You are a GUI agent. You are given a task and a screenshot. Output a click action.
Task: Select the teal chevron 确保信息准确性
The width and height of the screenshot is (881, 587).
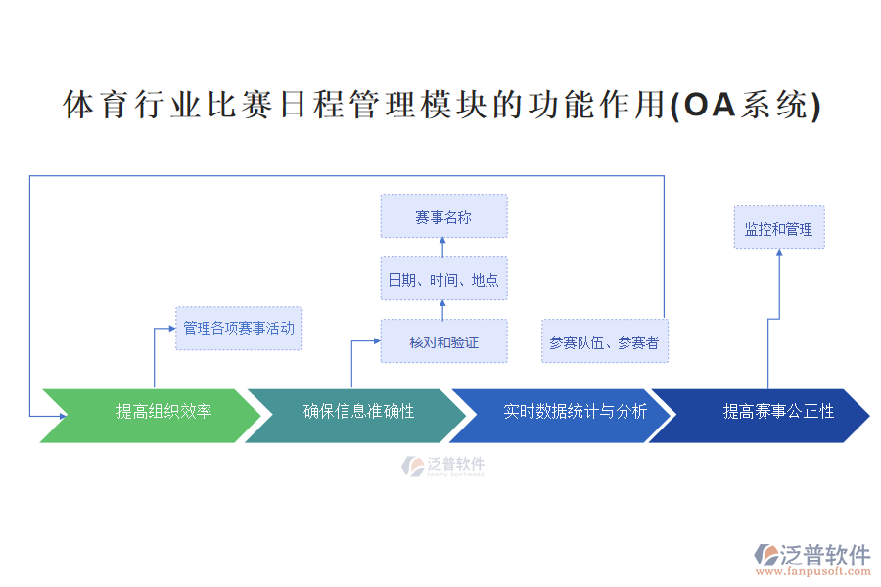(357, 412)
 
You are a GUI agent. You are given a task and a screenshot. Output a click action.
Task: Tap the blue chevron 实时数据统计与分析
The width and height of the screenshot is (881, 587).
(563, 412)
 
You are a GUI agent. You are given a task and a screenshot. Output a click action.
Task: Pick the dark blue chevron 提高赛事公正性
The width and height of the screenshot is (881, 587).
(764, 412)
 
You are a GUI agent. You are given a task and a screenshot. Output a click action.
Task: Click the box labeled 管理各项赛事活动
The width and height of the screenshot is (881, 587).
(239, 328)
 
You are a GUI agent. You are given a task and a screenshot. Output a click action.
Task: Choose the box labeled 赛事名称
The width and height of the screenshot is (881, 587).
(443, 216)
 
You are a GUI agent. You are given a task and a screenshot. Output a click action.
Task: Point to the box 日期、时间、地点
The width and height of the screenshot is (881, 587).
(443, 279)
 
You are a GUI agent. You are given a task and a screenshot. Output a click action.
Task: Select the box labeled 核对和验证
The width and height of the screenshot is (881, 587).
(443, 341)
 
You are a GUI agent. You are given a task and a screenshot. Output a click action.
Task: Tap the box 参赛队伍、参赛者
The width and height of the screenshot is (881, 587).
(604, 341)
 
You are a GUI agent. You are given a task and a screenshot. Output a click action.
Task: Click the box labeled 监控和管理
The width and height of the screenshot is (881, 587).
(778, 228)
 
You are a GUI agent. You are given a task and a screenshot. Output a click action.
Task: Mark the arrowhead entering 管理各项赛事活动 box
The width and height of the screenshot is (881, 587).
(171, 329)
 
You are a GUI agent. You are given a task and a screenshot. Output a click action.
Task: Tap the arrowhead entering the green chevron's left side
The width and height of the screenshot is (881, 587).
(61, 416)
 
